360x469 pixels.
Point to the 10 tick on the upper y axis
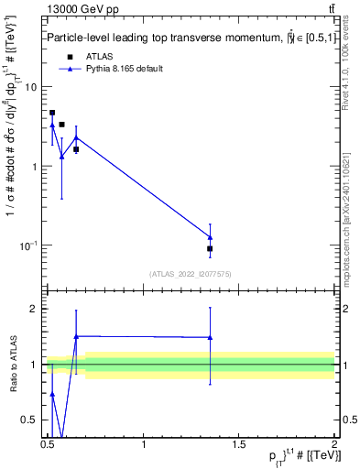coord(30,87)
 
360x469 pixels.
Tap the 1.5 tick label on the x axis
coord(238,445)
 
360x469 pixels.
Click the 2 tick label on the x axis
coord(333,445)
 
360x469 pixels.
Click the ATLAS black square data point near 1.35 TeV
coord(210,248)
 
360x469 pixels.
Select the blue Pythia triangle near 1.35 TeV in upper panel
coord(210,237)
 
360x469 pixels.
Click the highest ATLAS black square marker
coord(52,113)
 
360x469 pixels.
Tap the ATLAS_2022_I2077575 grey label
coord(190,274)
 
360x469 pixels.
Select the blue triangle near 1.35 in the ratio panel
coord(210,337)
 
